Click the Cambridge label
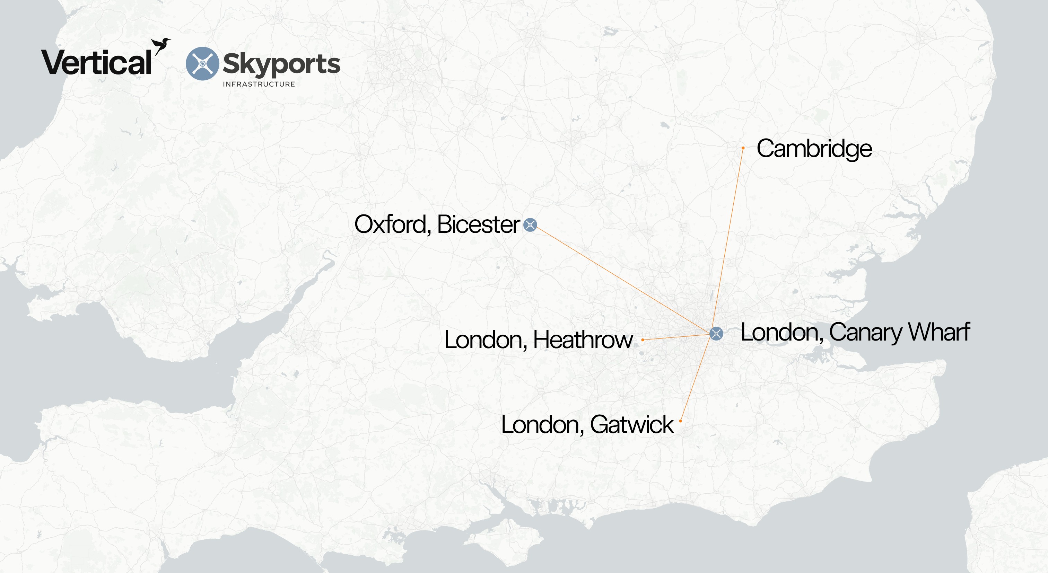tap(814, 149)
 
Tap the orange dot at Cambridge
tap(743, 148)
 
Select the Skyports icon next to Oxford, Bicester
tap(530, 224)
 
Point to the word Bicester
tap(479, 224)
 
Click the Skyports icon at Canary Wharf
tap(716, 334)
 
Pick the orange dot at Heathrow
tap(643, 340)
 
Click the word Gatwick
tap(631, 425)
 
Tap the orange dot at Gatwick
tap(680, 421)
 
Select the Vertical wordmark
tap(96, 63)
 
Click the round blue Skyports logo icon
tap(202, 63)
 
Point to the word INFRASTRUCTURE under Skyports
tap(259, 84)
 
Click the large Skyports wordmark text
tap(281, 64)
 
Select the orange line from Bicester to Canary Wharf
tap(622, 279)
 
